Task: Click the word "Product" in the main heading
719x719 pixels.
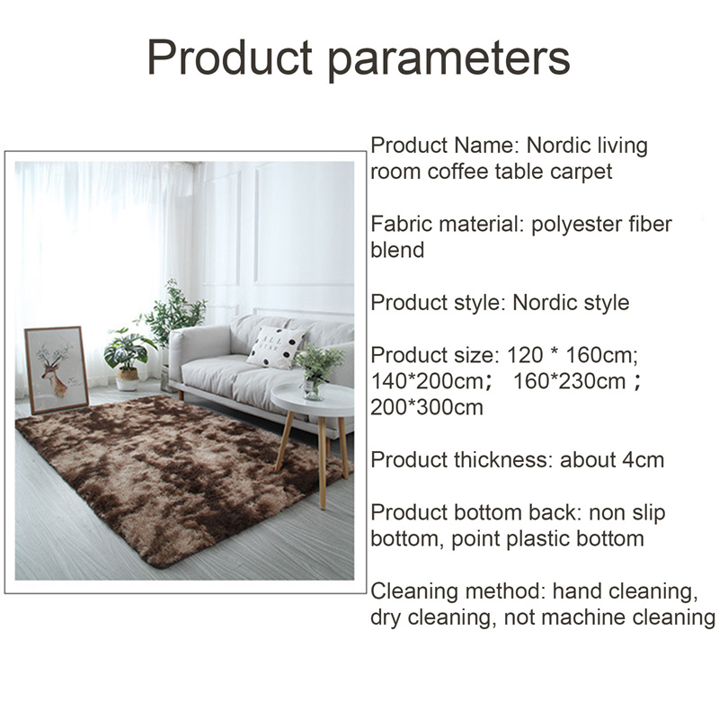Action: [x=230, y=57]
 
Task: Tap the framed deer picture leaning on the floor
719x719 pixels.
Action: [x=57, y=369]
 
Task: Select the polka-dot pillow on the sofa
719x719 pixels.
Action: [x=275, y=347]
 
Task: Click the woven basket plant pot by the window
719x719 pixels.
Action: [x=127, y=379]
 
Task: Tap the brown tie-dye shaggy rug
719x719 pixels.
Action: [x=179, y=477]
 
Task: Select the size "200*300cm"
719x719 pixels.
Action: [x=426, y=407]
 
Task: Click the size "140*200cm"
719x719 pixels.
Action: [x=426, y=381]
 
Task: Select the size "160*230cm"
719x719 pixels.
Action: [x=570, y=381]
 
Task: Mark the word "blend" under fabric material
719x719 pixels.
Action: [x=397, y=251]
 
